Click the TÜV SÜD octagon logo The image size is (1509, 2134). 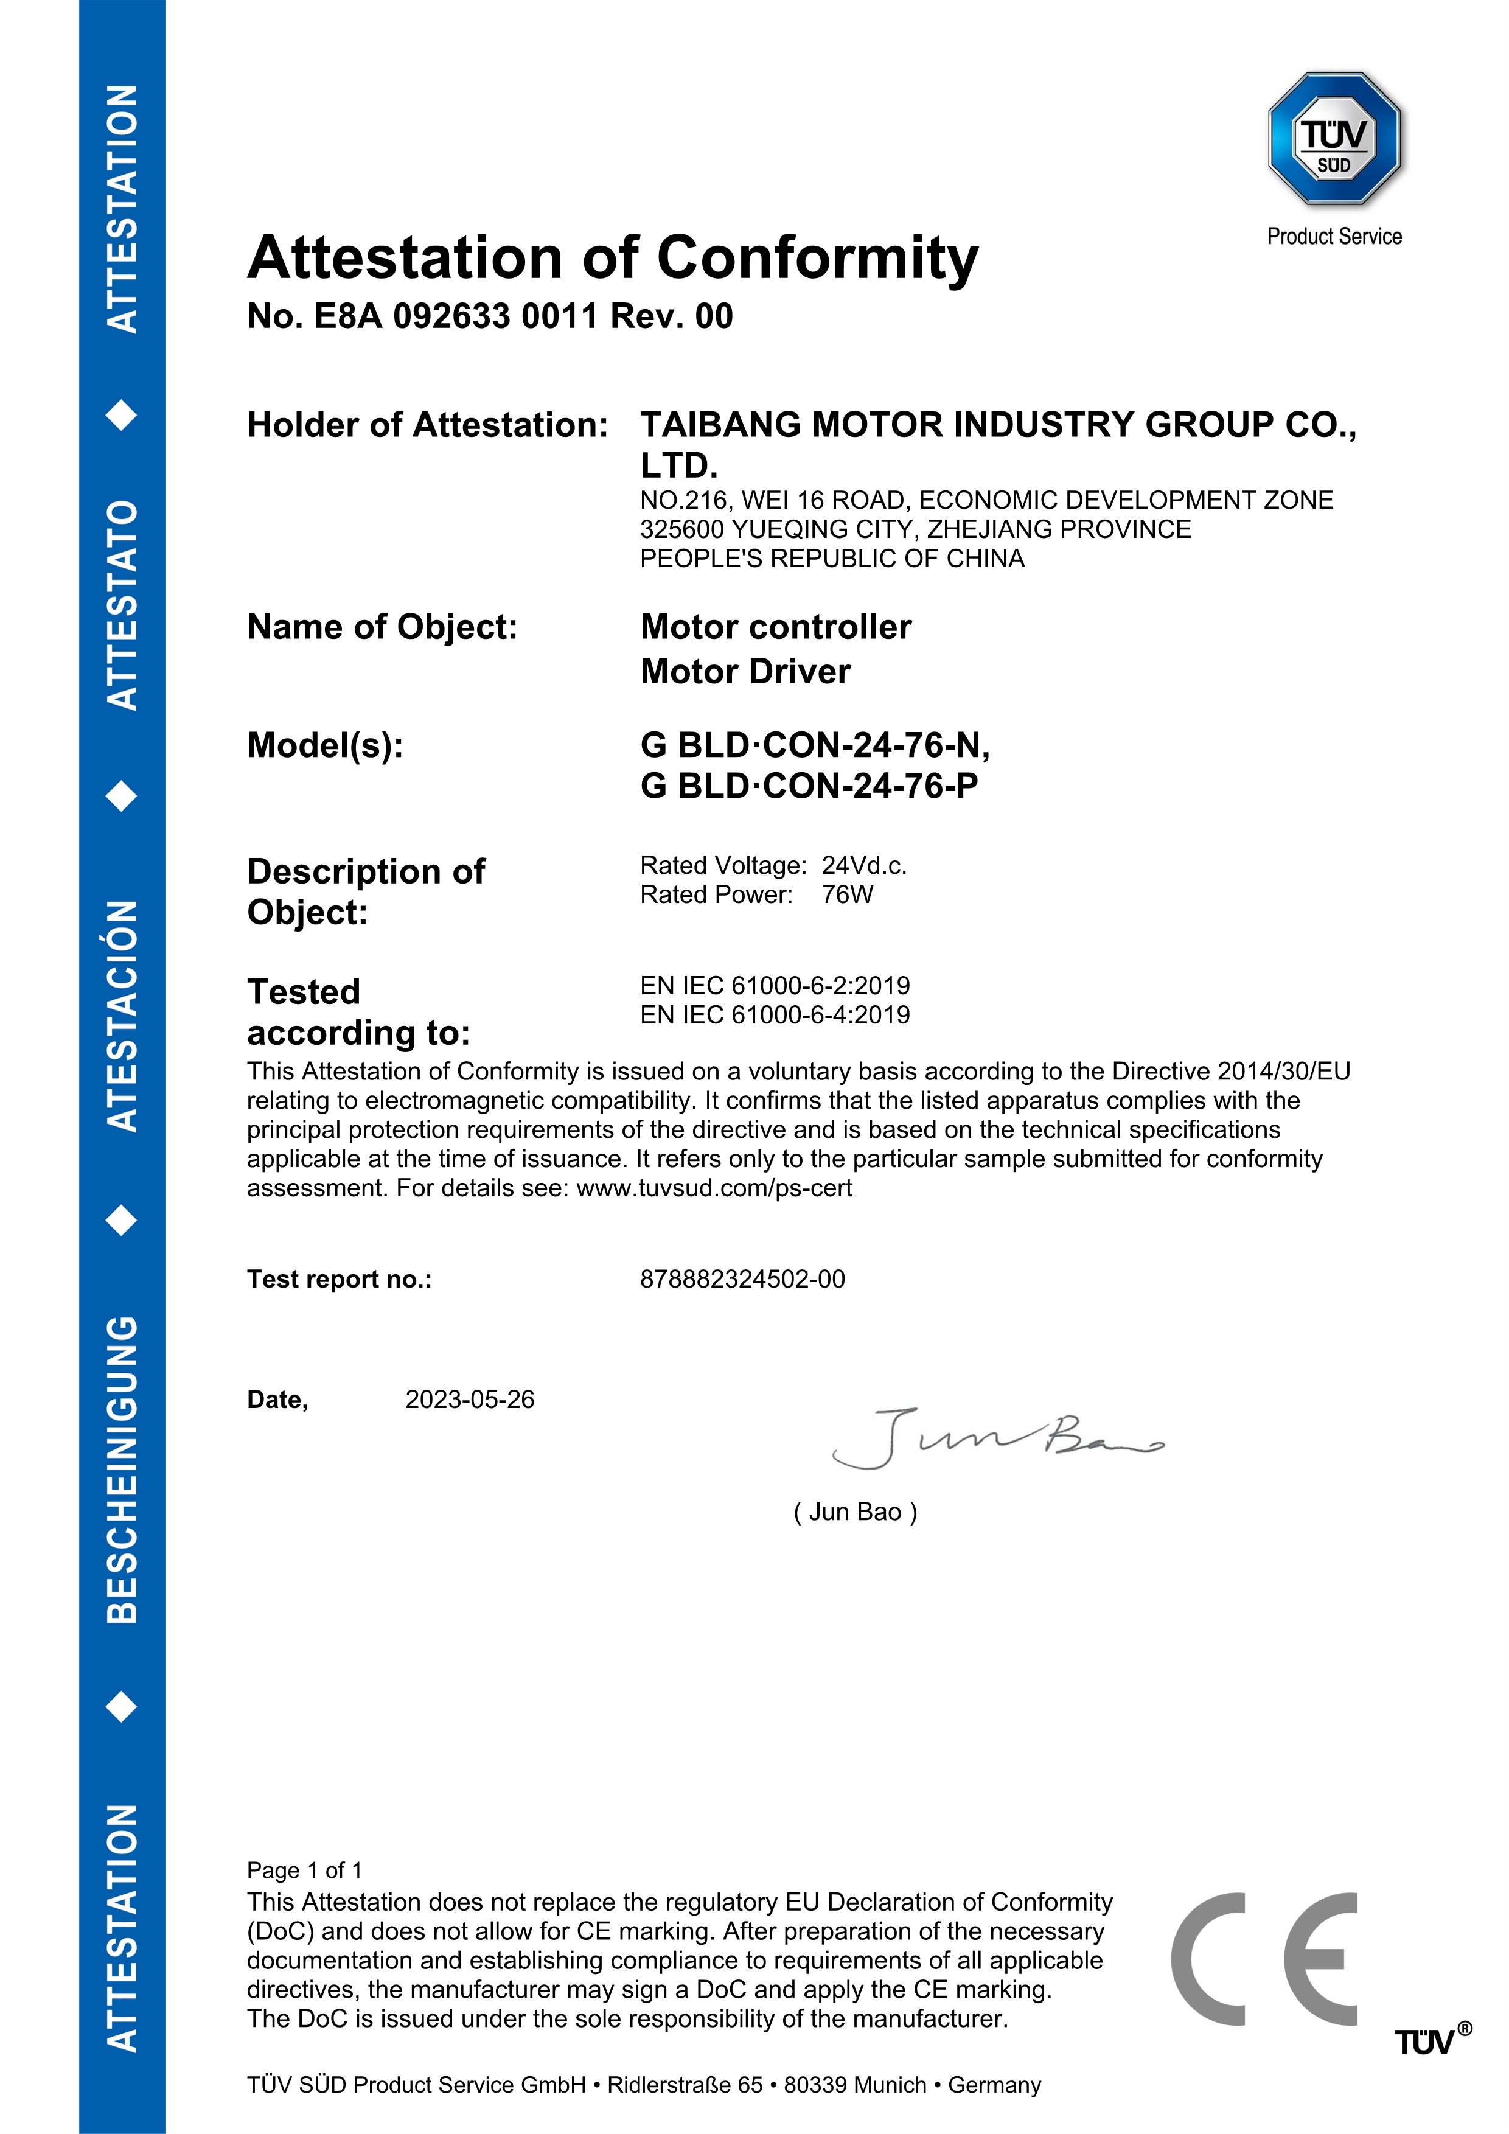(x=1334, y=139)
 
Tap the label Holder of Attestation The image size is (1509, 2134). (x=427, y=425)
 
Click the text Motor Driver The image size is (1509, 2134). (x=745, y=672)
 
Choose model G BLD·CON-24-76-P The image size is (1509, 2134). (x=809, y=786)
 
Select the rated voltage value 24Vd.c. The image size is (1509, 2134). (x=864, y=865)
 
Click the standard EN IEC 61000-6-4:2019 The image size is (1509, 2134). (x=775, y=1015)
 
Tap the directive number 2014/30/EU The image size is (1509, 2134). (x=1283, y=1072)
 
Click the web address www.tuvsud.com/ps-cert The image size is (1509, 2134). (x=714, y=1189)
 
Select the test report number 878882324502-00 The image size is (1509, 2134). (x=742, y=1280)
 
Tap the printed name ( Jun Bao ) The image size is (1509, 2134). (x=855, y=1512)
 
